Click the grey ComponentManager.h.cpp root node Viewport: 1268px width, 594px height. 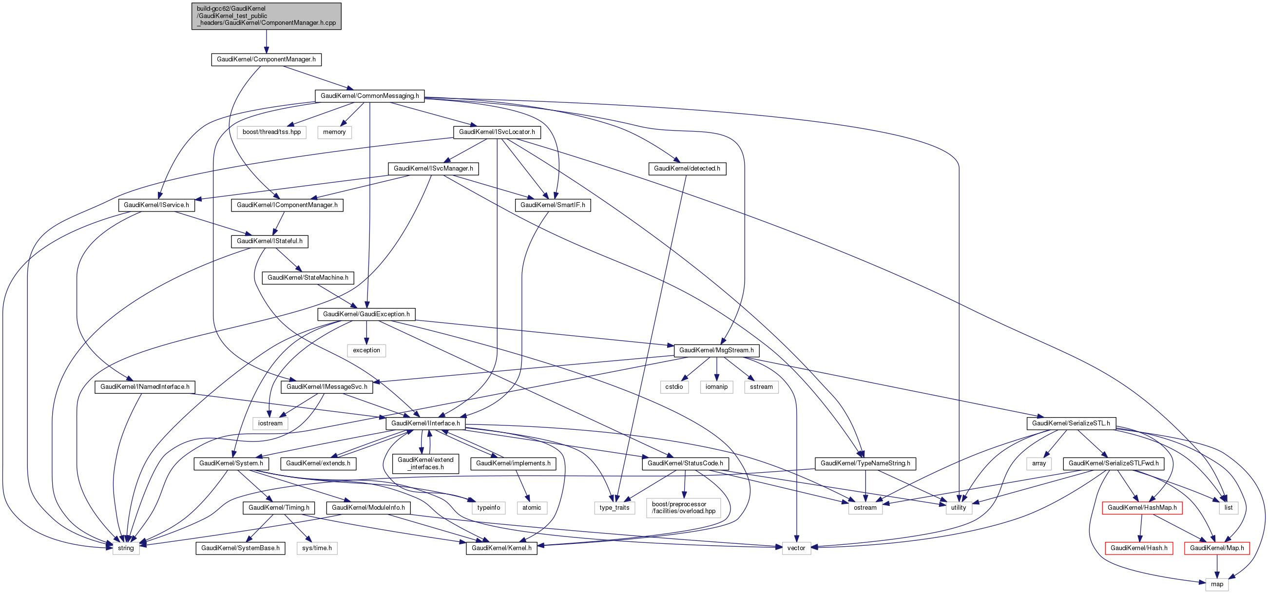point(266,16)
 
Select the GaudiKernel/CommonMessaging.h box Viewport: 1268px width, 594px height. point(370,96)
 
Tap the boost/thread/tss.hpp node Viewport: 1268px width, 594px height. point(271,132)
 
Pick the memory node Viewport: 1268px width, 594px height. point(334,132)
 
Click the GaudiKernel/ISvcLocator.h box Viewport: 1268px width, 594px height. point(497,132)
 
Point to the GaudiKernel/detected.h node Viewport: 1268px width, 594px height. point(687,168)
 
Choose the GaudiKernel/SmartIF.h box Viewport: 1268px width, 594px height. point(552,205)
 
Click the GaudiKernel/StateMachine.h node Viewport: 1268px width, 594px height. point(307,278)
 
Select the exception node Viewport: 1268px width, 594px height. point(366,350)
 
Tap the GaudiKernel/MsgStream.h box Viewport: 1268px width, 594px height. point(716,350)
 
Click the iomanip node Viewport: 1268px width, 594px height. point(716,387)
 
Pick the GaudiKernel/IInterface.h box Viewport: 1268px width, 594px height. point(425,423)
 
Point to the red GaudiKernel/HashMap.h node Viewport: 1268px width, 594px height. point(1142,507)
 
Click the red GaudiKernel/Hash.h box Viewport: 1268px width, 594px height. point(1138,548)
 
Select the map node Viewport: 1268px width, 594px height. point(1217,584)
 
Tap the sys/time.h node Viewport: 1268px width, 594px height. point(316,548)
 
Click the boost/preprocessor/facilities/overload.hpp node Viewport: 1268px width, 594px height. point(684,507)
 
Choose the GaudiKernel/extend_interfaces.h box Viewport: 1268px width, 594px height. point(425,463)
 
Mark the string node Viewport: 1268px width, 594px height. point(126,548)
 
